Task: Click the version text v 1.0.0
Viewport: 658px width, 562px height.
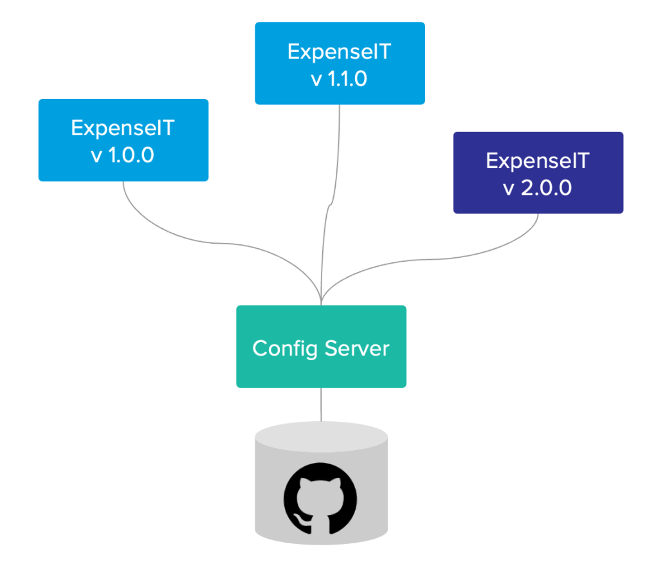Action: tap(123, 156)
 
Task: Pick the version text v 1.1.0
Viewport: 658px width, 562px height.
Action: tap(339, 79)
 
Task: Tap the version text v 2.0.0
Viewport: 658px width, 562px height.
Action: tap(538, 189)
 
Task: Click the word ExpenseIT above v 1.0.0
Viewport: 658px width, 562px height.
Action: tap(123, 128)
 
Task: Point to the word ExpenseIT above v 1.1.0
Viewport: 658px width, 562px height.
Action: tap(339, 51)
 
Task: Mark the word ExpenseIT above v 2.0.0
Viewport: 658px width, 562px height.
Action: tap(538, 161)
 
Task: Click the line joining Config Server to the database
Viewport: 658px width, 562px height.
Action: tap(321, 404)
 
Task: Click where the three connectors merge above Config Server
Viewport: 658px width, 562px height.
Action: tap(321, 297)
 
